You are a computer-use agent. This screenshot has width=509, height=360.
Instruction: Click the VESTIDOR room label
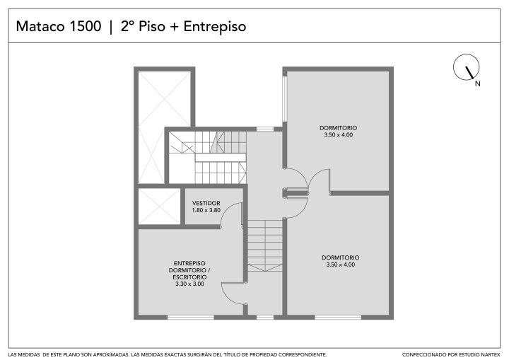point(206,204)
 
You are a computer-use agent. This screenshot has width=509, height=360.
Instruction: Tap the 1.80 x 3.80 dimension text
point(206,210)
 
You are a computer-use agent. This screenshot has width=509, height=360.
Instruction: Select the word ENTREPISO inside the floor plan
point(189,263)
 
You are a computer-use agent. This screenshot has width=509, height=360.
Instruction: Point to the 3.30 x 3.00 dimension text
point(189,284)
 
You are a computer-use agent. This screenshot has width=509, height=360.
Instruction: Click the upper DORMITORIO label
point(338,128)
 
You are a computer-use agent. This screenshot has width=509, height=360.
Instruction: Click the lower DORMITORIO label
point(341,257)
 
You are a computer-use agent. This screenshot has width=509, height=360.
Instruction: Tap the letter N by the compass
point(477,83)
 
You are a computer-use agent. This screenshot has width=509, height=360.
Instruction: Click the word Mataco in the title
point(40,26)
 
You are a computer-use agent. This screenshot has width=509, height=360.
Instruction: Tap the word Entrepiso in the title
point(215,27)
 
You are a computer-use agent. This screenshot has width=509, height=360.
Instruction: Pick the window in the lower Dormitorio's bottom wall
point(338,317)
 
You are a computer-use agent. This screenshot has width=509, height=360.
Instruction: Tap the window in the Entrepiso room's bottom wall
point(191,317)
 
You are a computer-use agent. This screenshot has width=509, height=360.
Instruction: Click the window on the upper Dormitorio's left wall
point(284,99)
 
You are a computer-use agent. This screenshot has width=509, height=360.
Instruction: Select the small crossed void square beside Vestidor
point(159,207)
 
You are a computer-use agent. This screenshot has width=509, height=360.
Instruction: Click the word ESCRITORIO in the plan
point(189,277)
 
